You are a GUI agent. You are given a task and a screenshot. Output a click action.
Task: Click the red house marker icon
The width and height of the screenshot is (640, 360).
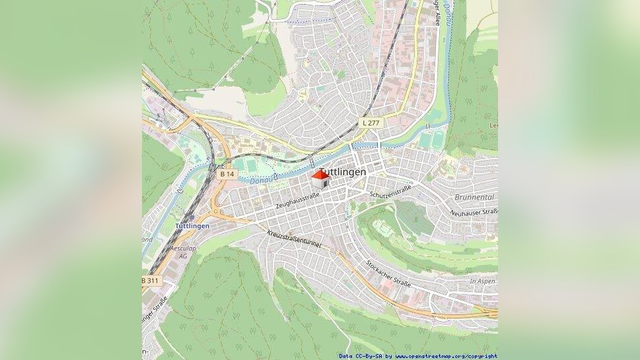(320, 178)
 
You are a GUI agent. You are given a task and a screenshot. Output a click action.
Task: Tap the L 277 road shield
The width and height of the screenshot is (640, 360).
(371, 123)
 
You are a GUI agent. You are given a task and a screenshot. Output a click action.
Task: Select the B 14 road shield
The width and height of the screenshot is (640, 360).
(227, 174)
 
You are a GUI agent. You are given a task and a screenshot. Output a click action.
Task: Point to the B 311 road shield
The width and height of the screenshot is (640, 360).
(151, 281)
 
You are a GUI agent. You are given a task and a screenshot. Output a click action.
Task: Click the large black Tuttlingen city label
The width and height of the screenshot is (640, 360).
(344, 172)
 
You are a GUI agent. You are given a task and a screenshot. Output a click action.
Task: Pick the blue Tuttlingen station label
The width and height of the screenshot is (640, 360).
(192, 226)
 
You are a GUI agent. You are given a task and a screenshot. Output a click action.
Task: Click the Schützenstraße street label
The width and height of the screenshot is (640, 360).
(390, 191)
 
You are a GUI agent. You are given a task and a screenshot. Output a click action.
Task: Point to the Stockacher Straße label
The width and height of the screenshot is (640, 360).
(388, 274)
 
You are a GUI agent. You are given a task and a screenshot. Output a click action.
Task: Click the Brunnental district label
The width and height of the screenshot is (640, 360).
(474, 198)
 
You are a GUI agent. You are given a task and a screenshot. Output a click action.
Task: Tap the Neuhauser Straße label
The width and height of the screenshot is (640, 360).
(474, 212)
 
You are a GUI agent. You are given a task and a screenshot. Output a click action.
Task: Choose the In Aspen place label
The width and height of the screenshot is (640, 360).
(482, 281)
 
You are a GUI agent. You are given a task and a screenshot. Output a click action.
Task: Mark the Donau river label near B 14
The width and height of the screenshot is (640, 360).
(264, 179)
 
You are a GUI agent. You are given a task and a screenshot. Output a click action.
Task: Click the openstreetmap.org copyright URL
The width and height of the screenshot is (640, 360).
(446, 356)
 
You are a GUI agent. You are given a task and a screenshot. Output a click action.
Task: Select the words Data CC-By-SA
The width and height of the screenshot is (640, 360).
(361, 356)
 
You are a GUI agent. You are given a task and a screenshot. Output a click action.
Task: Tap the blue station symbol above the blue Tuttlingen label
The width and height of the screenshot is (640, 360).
(192, 217)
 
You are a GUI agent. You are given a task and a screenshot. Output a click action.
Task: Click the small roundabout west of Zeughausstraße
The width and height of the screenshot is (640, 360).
(216, 212)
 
